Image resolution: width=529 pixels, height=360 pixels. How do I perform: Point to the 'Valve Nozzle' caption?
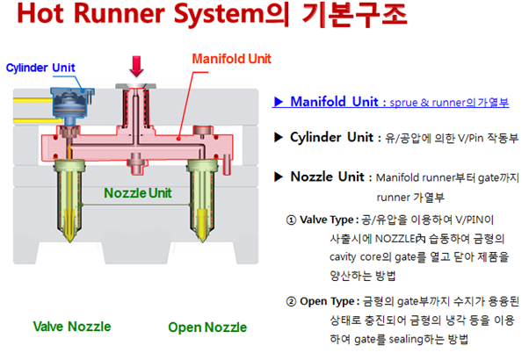click(72, 327)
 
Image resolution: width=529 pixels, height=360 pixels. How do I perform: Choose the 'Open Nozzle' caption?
click(207, 328)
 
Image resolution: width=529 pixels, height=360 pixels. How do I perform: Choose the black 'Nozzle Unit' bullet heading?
click(326, 176)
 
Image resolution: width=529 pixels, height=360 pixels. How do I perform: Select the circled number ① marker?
click(292, 219)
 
